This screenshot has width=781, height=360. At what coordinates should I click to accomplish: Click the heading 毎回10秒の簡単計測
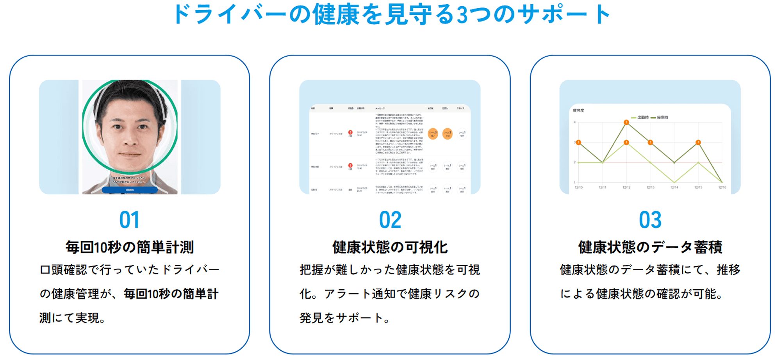click(129, 247)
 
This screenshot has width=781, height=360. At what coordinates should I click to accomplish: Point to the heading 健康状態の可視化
click(390, 247)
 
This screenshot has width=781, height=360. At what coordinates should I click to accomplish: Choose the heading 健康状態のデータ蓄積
click(650, 247)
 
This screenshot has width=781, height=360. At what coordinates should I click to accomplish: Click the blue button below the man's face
click(130, 190)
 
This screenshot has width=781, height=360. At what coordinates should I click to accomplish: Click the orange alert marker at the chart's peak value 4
click(626, 123)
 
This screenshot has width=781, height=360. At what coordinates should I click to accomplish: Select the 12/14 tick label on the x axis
click(674, 188)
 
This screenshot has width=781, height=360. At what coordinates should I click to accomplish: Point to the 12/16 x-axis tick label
click(722, 188)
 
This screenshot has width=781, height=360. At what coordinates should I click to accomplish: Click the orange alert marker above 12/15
click(698, 143)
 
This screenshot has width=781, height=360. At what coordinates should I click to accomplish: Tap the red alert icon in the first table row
click(350, 133)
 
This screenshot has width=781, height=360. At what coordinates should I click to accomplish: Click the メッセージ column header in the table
click(380, 108)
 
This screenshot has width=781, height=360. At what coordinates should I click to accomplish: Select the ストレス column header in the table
click(461, 108)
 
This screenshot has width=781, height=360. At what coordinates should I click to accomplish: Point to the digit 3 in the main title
click(462, 15)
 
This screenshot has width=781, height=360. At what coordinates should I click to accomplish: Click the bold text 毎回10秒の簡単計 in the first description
click(171, 294)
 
